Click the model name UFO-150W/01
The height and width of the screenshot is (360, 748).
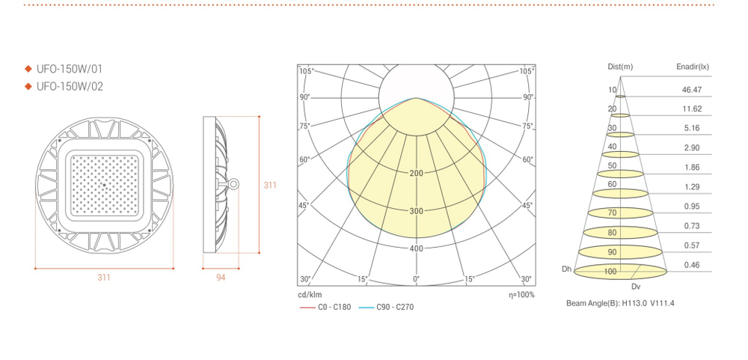point(69,69)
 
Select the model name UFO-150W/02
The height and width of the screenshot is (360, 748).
point(69,86)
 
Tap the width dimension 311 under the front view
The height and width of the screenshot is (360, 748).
point(104,278)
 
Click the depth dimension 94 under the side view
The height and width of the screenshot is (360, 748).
point(221,278)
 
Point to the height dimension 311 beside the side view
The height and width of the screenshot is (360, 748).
point(271,185)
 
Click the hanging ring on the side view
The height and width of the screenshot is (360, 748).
point(235,183)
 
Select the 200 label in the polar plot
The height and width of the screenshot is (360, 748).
point(416,173)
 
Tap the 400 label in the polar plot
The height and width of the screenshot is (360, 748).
point(416,248)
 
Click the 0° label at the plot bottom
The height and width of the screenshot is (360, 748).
point(416,279)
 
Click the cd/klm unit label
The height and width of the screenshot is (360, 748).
point(310,295)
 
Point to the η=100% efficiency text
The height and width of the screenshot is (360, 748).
point(521,295)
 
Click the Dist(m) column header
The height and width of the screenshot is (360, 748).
point(620,67)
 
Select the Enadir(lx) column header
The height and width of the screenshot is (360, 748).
point(692,67)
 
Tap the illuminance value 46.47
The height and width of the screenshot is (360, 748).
point(692,90)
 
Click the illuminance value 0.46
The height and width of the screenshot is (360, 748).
point(692,265)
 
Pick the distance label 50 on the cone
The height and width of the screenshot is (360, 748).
point(612,165)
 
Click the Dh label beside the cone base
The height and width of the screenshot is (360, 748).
point(566,268)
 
